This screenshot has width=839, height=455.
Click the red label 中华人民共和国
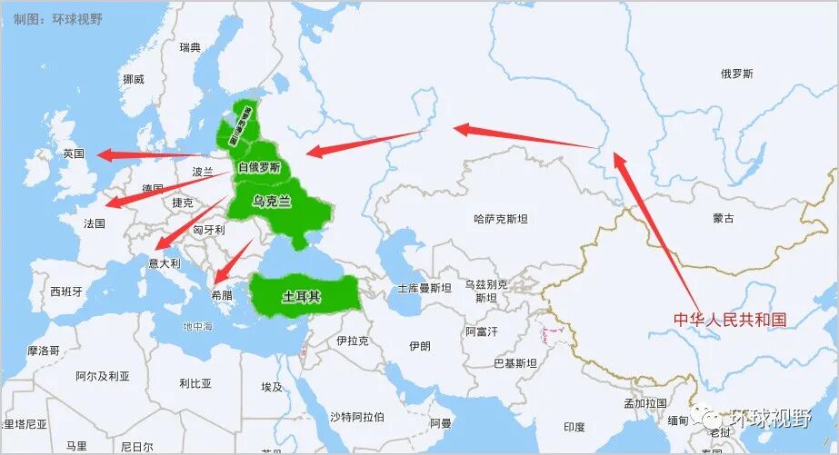729,320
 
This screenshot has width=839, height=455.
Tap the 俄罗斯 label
736,74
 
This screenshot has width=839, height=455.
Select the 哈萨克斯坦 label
501,219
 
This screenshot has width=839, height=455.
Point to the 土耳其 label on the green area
301,296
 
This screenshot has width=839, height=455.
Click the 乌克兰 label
272,202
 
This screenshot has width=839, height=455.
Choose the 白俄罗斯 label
259,167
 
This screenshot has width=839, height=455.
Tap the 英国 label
74,153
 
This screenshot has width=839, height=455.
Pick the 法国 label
95,223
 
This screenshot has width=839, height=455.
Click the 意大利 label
165,263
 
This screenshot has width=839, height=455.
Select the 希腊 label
221,295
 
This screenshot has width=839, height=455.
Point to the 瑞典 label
190,47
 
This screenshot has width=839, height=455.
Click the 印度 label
574,427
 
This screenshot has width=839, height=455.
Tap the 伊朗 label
419,346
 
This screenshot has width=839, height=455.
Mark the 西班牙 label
66,292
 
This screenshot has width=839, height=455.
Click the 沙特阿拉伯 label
356,417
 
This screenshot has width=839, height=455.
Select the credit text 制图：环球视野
52,17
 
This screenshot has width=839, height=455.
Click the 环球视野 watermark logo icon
706,417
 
